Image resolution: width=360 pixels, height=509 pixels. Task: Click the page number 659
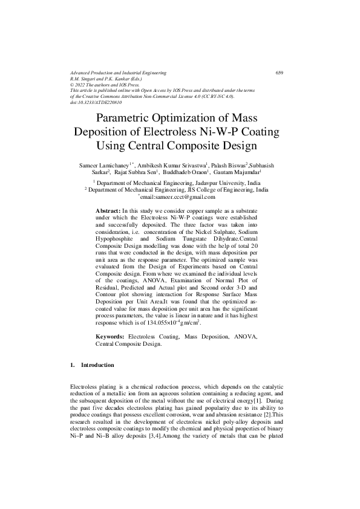(x=280, y=73)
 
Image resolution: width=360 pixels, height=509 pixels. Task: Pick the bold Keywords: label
(x=112, y=336)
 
